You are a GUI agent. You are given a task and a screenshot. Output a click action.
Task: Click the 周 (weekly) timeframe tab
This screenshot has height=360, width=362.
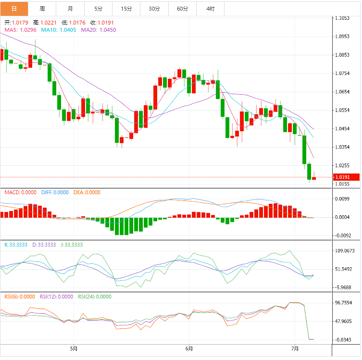coord(42,9)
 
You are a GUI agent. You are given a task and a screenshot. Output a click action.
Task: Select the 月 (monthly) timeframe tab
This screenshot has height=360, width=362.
coord(71,9)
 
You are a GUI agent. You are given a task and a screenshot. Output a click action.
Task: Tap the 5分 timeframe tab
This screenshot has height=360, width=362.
coord(99,9)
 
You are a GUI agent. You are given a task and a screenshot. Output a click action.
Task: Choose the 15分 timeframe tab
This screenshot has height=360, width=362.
coord(126,9)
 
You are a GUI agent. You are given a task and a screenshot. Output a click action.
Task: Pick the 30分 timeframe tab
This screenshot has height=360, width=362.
coord(154,9)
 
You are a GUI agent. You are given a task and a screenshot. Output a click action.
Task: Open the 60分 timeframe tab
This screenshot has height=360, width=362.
coord(182,9)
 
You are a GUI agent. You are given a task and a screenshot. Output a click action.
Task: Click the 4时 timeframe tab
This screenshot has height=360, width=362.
coord(211,9)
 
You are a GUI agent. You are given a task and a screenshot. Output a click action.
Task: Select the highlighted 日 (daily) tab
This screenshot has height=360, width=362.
coord(14,9)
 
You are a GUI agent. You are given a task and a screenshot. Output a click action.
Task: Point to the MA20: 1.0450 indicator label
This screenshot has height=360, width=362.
coord(98,30)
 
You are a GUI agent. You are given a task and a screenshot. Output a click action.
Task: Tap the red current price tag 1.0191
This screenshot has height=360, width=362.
coord(346,177)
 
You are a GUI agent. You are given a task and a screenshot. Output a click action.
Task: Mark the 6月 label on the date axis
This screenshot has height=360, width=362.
coord(189,348)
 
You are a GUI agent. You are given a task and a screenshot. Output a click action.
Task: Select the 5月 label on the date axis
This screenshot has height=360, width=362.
coord(73,348)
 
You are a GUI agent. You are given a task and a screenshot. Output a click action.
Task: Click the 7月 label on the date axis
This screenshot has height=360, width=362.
coord(295,348)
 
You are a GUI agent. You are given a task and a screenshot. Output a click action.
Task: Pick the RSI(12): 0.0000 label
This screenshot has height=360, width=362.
coord(57,297)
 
